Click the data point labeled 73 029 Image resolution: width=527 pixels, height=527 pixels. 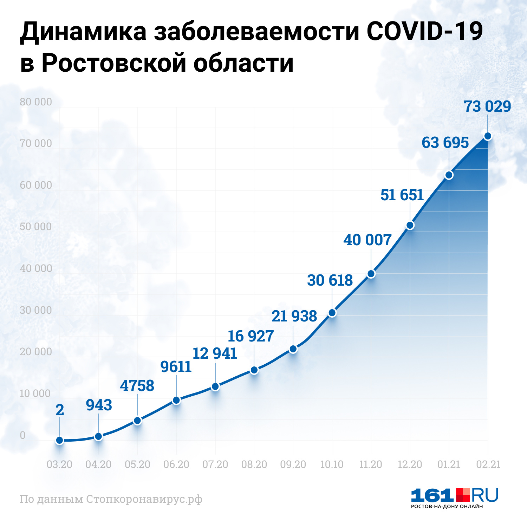tap(488, 136)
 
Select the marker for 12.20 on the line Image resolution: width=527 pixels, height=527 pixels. tap(410, 225)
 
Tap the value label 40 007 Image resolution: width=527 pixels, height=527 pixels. tap(367, 240)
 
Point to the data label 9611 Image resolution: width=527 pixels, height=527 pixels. tap(176, 367)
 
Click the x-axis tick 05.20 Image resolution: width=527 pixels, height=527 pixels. tap(137, 464)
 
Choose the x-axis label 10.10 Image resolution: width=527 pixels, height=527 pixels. tap(332, 464)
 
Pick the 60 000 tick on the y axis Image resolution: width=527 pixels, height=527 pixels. tap(36, 185)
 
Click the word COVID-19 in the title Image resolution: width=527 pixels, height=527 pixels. tap(425, 31)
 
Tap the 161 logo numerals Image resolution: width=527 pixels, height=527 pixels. tap(432, 495)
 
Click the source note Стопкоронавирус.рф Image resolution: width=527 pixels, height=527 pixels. tap(144, 499)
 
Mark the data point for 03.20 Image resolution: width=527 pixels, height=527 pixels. tap(60, 440)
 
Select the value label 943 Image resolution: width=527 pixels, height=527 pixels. tap(99, 405)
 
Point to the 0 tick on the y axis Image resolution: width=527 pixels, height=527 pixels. tap(22, 435)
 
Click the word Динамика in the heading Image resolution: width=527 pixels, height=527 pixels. tap(83, 31)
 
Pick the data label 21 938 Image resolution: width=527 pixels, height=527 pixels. tap(294, 316)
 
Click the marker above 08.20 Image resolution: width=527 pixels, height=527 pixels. tap(254, 370)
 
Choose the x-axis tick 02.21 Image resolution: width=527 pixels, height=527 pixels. tap(488, 464)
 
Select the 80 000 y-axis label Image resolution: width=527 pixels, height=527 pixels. tap(36, 102)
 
